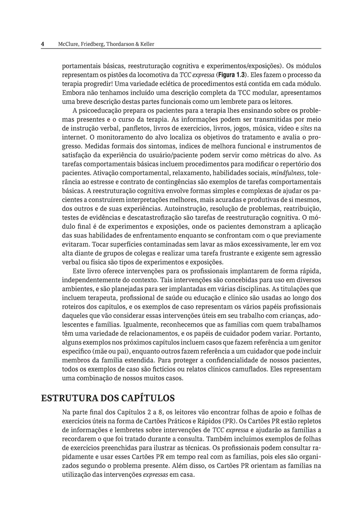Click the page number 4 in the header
(42, 44)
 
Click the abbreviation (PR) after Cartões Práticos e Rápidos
(228, 421)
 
